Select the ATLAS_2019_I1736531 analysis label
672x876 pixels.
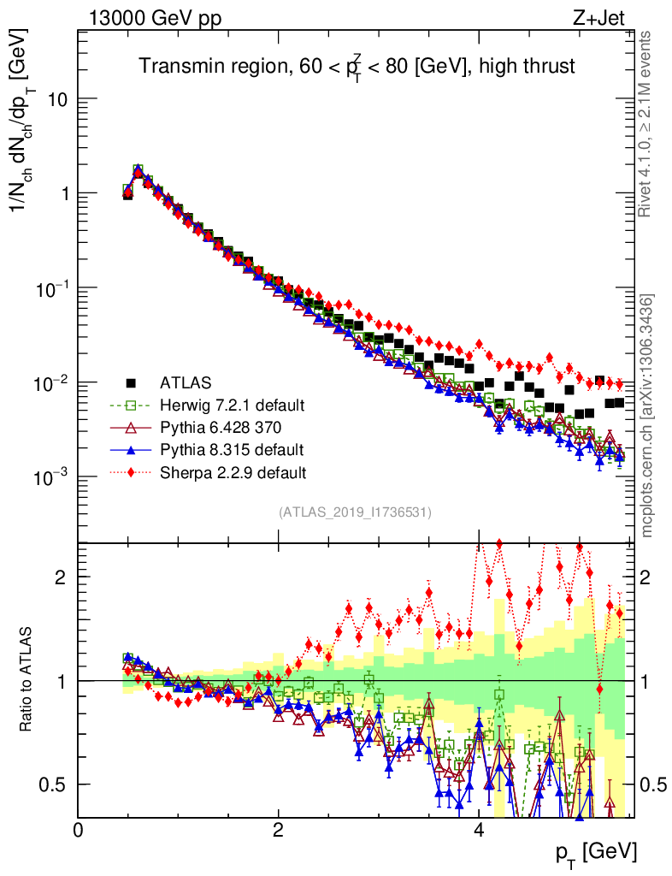click(x=355, y=512)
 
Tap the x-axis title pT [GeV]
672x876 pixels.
click(x=595, y=851)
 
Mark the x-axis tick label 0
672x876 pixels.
click(x=79, y=829)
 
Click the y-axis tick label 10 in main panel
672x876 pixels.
click(x=56, y=99)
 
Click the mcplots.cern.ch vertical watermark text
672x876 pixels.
click(x=647, y=416)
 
